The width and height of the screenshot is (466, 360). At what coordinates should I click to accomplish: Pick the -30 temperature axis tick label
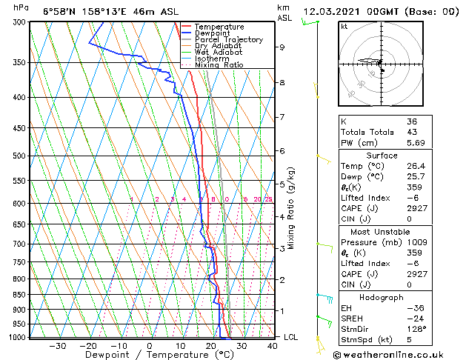click(58, 345)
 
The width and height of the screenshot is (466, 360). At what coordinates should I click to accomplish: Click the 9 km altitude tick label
click(282, 47)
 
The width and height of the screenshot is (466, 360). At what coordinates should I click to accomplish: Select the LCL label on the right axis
click(291, 337)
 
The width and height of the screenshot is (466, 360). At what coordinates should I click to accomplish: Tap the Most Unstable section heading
click(381, 231)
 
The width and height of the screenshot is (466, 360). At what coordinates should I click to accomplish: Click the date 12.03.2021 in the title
click(332, 11)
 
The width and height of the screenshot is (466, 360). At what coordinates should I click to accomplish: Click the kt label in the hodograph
click(344, 27)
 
